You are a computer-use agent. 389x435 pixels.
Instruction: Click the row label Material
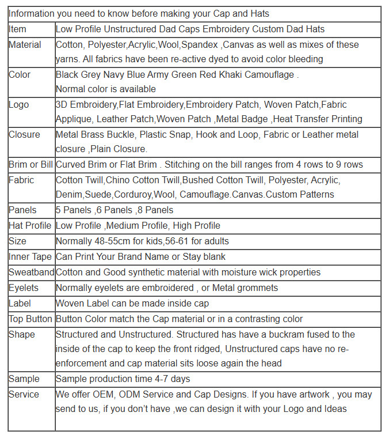point(25,44)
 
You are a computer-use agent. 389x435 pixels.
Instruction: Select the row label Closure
point(24,134)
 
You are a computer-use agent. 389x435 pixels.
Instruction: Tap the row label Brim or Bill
point(30,164)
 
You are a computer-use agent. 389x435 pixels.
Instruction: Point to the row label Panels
point(22,210)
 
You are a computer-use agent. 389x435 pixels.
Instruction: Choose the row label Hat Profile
point(30,225)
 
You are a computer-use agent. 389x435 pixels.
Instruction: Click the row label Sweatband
point(31,272)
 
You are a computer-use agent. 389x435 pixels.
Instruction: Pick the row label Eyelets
point(24,288)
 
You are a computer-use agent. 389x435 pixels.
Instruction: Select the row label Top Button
point(30,319)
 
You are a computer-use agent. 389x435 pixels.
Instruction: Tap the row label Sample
point(24,379)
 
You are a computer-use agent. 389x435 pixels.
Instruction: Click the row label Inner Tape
point(30,256)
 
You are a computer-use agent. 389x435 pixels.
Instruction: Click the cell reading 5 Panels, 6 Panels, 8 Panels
point(115,210)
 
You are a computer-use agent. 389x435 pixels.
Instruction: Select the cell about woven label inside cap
point(132,303)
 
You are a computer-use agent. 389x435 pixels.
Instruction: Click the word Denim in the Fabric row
point(69,194)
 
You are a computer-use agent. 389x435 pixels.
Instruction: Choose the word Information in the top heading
point(32,13)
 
